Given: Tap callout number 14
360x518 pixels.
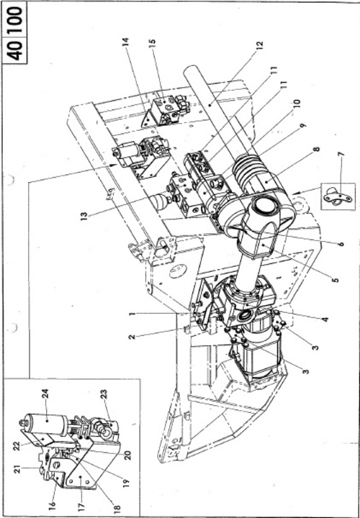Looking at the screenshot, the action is (x=126, y=43).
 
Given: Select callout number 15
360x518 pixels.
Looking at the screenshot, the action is (x=153, y=44).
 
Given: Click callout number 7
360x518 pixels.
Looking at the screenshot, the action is (x=341, y=154).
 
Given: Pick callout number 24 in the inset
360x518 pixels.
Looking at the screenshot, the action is (x=46, y=394).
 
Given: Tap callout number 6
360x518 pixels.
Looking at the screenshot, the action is (x=341, y=245).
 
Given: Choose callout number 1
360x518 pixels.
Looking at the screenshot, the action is (x=132, y=314).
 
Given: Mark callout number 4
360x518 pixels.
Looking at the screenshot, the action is (x=325, y=319).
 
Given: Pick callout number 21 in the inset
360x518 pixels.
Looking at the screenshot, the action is (x=18, y=469).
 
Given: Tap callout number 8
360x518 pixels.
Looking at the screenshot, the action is (x=317, y=150).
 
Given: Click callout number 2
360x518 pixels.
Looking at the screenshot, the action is (x=132, y=337).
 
